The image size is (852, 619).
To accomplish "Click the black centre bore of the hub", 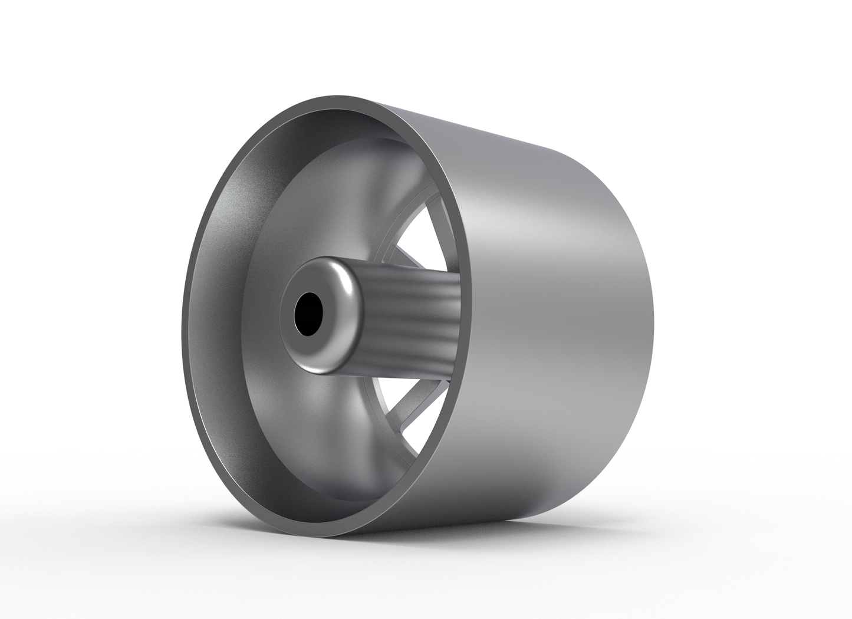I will pos(308,314).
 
